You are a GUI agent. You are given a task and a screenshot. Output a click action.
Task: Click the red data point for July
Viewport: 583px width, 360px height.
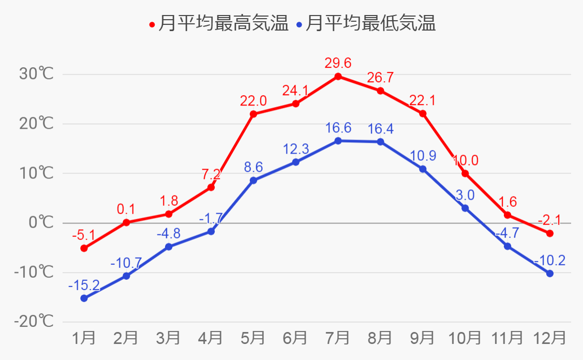coord(338,77)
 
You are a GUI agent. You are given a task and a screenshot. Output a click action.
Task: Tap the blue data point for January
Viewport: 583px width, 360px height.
coord(84,298)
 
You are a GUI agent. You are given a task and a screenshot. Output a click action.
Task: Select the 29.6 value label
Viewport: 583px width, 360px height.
coord(338,63)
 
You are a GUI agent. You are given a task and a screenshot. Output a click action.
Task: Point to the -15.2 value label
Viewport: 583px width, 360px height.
coord(84,285)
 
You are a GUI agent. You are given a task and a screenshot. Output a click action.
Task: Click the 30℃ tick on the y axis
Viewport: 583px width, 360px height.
coord(36,74)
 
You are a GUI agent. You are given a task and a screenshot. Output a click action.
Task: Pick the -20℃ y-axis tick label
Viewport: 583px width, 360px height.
coord(34,322)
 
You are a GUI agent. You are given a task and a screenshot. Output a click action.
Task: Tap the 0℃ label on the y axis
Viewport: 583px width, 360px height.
coord(41,223)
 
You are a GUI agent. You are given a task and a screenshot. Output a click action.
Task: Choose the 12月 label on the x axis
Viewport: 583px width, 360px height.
coord(549,338)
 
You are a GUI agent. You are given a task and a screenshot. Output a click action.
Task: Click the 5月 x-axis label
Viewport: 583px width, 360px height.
coord(253,338)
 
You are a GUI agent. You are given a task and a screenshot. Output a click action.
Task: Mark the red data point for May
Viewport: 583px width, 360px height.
coord(253,114)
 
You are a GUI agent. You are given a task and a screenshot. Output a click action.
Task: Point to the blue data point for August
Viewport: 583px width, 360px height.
coord(380,142)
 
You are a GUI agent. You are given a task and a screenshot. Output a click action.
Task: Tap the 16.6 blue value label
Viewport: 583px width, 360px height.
coord(338,128)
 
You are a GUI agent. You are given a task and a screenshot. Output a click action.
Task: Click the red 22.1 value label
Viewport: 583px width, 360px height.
coord(423,100)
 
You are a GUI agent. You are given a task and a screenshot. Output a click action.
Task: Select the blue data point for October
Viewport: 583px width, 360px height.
coord(465,208)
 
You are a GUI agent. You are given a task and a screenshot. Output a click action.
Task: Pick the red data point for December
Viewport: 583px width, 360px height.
coord(549,233)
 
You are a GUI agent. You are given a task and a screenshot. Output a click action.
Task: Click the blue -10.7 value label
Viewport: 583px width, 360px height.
coord(126,263)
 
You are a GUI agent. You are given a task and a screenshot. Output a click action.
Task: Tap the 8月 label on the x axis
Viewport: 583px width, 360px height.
coord(380,338)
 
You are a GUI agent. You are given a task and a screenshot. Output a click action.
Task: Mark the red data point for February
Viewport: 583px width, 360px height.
coord(126,222)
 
